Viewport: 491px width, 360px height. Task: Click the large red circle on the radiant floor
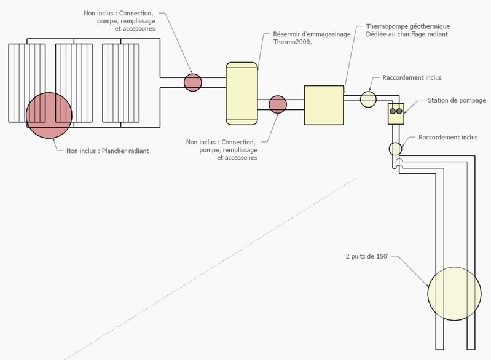(49, 115)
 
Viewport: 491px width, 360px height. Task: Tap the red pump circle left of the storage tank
(193, 82)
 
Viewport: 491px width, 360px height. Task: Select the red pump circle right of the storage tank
(278, 104)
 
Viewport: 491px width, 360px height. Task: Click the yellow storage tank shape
(242, 90)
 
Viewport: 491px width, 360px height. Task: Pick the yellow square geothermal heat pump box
(324, 105)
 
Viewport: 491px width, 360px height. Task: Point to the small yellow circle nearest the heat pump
(368, 98)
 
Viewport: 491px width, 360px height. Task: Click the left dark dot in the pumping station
(393, 111)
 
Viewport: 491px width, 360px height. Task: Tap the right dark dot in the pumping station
(399, 111)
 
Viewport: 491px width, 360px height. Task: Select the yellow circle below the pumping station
(395, 148)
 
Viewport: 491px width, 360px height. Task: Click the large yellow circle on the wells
(454, 294)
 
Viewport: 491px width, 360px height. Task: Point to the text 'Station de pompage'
(457, 100)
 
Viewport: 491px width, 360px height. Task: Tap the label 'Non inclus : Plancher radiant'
(108, 151)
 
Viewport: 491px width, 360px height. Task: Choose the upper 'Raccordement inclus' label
(412, 78)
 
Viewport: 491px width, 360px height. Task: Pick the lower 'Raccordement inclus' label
(448, 138)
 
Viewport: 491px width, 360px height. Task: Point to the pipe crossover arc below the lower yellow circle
(399, 162)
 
